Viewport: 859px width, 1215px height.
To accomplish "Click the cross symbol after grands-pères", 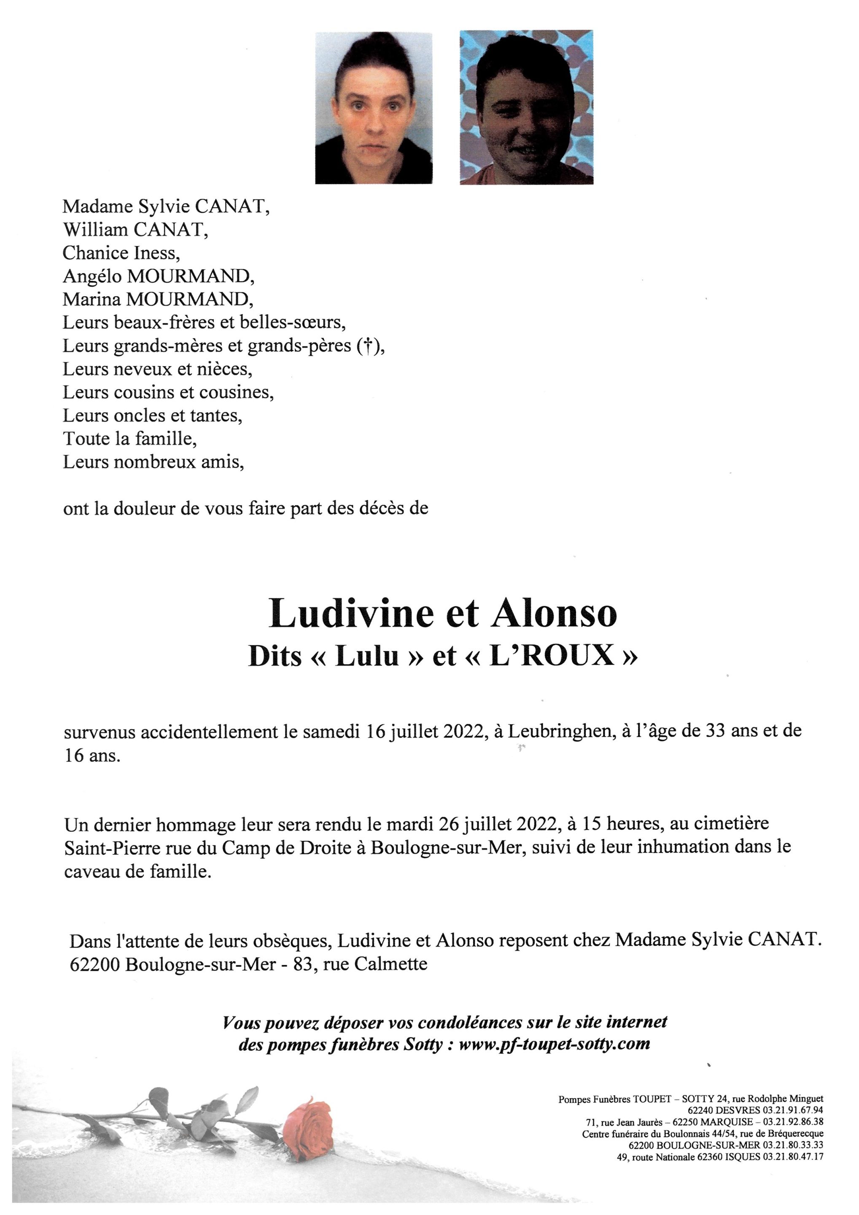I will (x=365, y=346).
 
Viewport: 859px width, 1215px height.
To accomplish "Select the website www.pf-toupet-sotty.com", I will (x=555, y=1044).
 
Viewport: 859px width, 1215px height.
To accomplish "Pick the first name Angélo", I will (x=92, y=276).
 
